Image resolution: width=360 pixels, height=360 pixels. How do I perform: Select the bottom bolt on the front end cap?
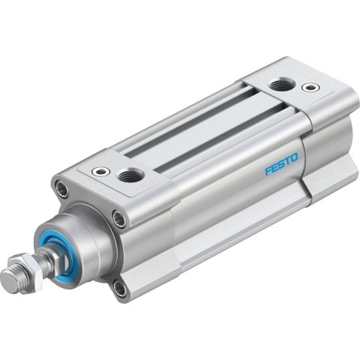tap(121, 287)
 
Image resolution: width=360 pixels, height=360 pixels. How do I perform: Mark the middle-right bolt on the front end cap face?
tap(119, 220)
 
